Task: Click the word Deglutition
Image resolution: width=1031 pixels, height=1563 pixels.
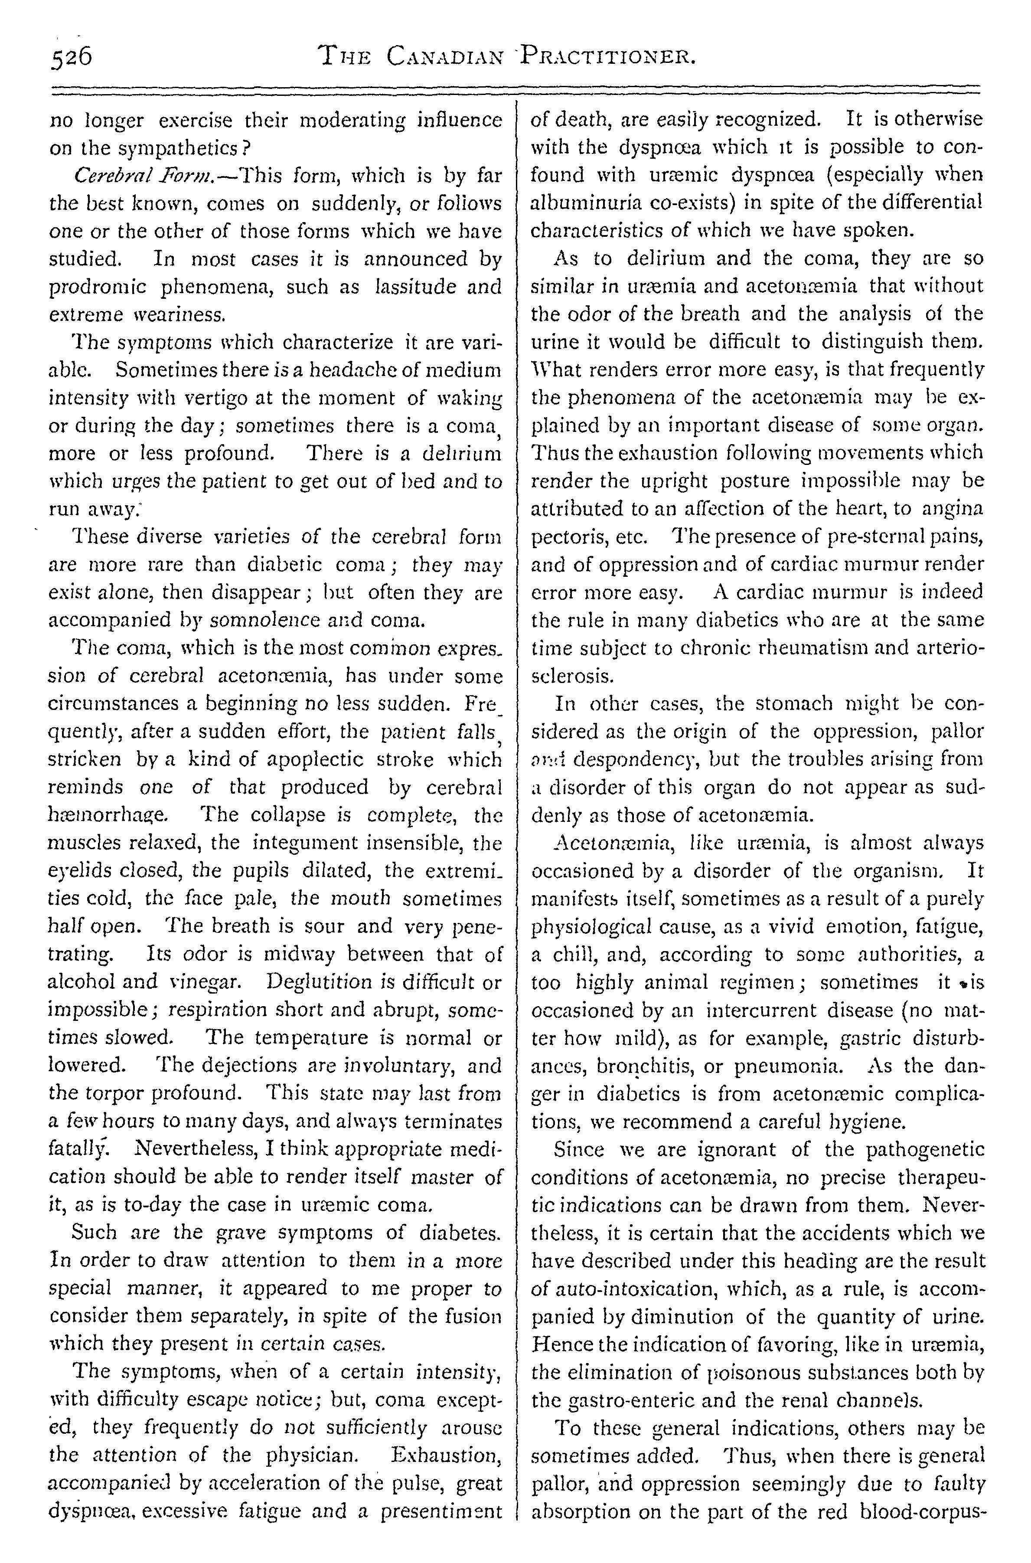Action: coord(318,982)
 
